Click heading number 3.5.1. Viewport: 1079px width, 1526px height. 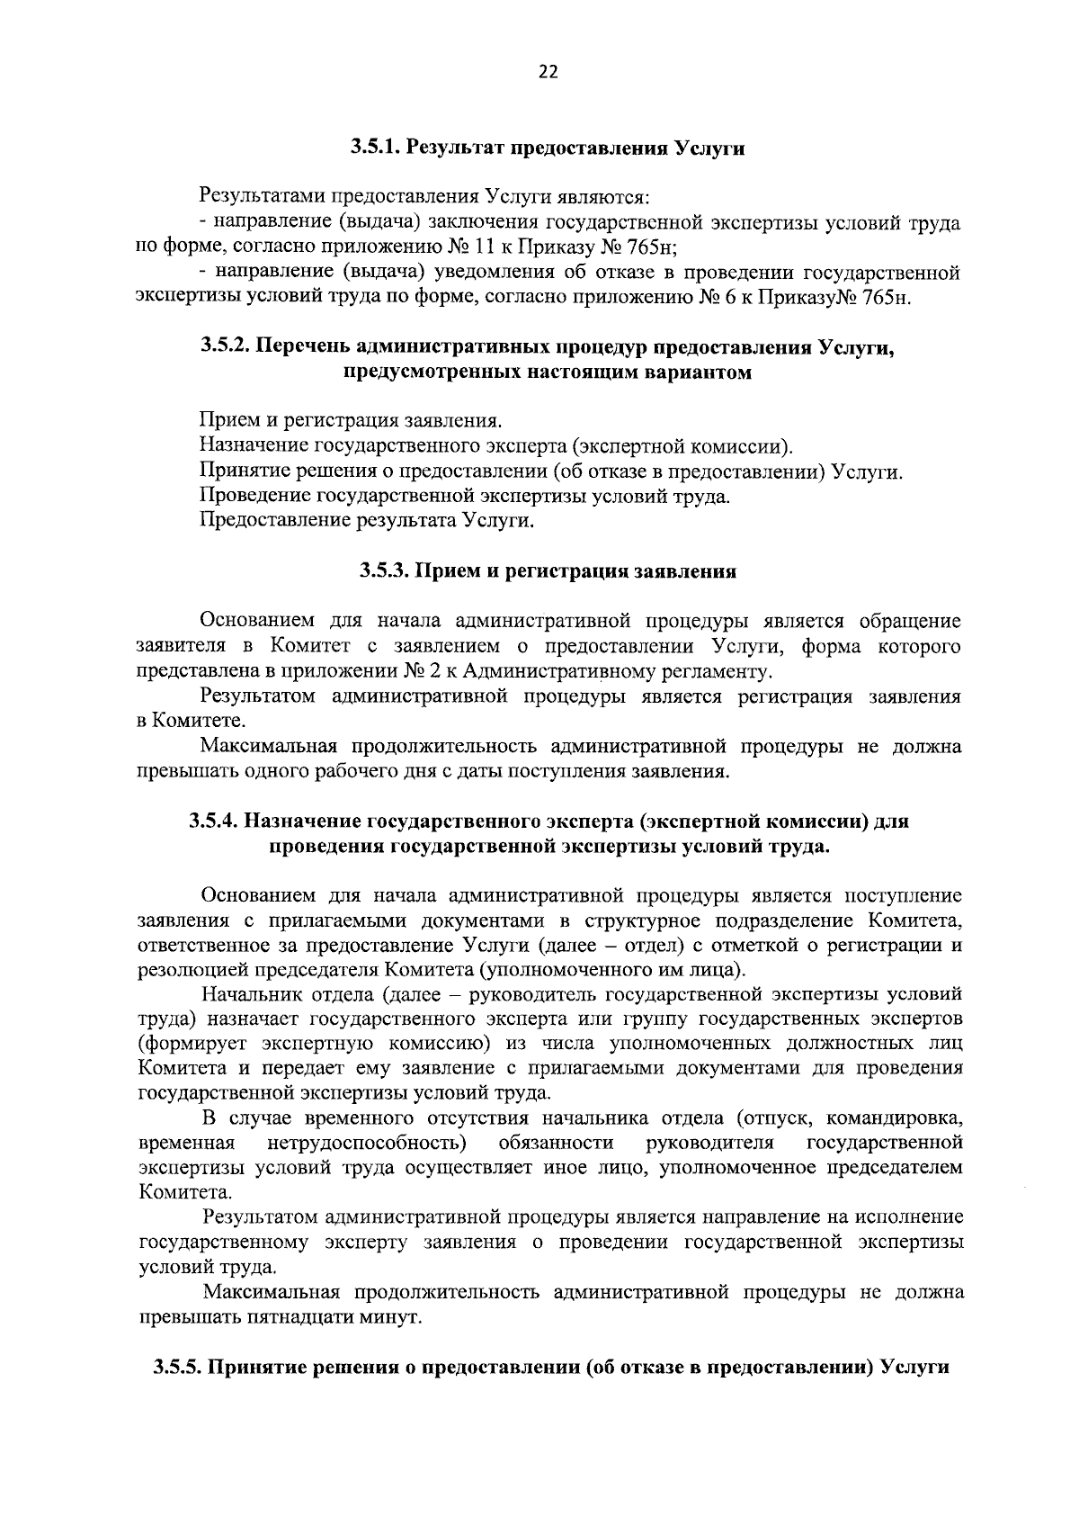point(376,147)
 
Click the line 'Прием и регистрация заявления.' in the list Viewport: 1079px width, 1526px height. point(351,420)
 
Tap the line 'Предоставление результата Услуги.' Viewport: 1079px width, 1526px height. point(367,520)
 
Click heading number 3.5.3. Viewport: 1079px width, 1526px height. point(385,570)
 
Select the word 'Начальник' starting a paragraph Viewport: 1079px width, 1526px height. point(250,994)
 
